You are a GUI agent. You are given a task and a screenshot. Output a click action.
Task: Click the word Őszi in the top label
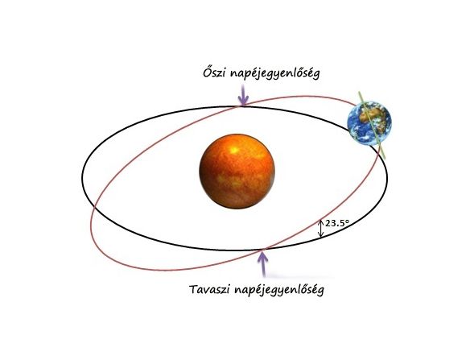[214, 72]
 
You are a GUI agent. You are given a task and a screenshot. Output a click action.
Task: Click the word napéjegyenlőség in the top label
[274, 74]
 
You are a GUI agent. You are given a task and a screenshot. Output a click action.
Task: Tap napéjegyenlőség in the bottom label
[278, 290]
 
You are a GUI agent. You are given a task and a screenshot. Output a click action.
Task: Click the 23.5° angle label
[337, 223]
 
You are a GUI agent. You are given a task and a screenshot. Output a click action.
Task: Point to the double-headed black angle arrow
[321, 229]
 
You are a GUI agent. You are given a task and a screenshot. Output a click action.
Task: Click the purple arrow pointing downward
[243, 95]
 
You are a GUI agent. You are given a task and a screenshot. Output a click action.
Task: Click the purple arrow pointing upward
[264, 264]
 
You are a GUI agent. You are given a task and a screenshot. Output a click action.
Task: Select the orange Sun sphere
[237, 172]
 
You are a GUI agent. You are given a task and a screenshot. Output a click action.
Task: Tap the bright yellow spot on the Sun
[233, 150]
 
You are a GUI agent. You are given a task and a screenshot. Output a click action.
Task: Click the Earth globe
[369, 123]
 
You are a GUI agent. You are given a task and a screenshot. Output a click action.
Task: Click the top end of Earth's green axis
[359, 92]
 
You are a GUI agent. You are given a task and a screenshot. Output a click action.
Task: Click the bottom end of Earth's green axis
[385, 157]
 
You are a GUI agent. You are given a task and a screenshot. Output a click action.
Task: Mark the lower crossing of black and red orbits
[264, 250]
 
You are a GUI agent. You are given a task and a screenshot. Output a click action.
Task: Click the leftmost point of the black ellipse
[82, 178]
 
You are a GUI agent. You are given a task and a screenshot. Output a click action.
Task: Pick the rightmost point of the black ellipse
[387, 179]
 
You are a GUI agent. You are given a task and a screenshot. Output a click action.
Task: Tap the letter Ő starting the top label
[207, 72]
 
